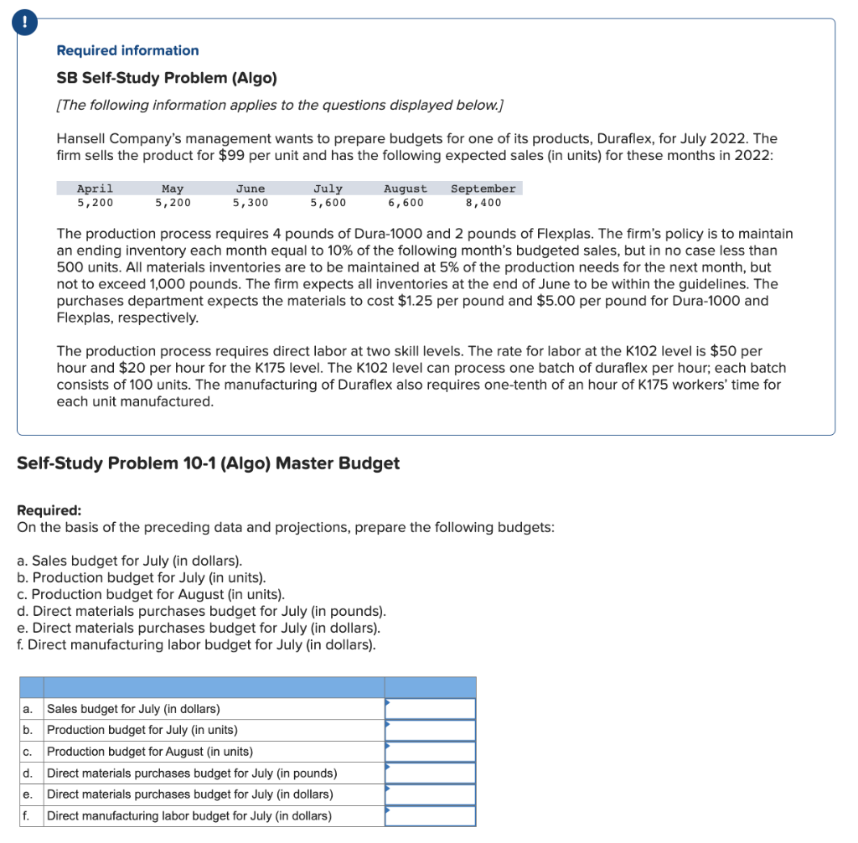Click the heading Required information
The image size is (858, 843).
[127, 50]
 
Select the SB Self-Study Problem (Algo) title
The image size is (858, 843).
[166, 78]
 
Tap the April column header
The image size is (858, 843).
[95, 189]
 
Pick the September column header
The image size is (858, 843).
[483, 189]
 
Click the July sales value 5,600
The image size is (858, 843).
[328, 202]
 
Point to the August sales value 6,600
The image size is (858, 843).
[405, 202]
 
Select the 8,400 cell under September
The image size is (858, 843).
[483, 202]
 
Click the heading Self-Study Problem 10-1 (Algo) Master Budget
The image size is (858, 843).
[208, 463]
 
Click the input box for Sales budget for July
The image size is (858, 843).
[430, 709]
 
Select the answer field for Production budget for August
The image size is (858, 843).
[430, 752]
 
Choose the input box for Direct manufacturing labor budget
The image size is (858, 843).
[430, 816]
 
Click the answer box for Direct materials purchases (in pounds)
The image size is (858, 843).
[430, 773]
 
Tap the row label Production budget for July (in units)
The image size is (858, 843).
[142, 730]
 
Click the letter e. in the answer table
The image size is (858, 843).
[28, 794]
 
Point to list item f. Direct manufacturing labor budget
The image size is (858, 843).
[196, 645]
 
